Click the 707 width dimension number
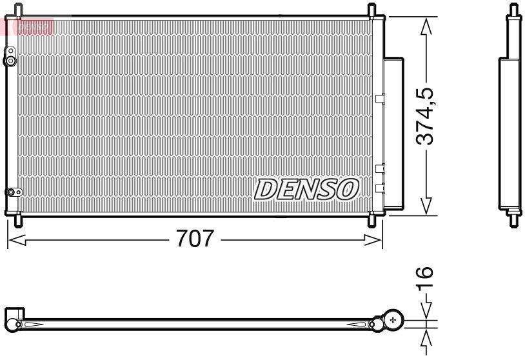click(195, 239)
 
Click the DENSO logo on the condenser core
click(306, 189)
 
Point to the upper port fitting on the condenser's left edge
click(10, 59)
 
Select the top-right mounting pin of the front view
click(372, 11)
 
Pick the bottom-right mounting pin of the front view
click(372, 220)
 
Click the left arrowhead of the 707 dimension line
click(14, 240)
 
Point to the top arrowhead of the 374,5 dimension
click(426, 26)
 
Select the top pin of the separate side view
click(513, 11)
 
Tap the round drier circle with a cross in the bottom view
click(393, 319)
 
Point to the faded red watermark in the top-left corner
click(28, 26)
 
